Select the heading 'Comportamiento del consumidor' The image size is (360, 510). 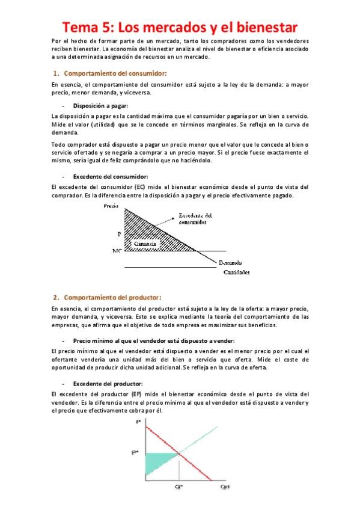point(108,73)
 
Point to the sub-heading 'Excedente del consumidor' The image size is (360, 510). point(110,177)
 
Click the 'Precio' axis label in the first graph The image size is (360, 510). point(111,206)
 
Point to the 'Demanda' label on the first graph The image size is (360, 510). point(231,262)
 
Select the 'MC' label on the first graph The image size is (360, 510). point(117,250)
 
